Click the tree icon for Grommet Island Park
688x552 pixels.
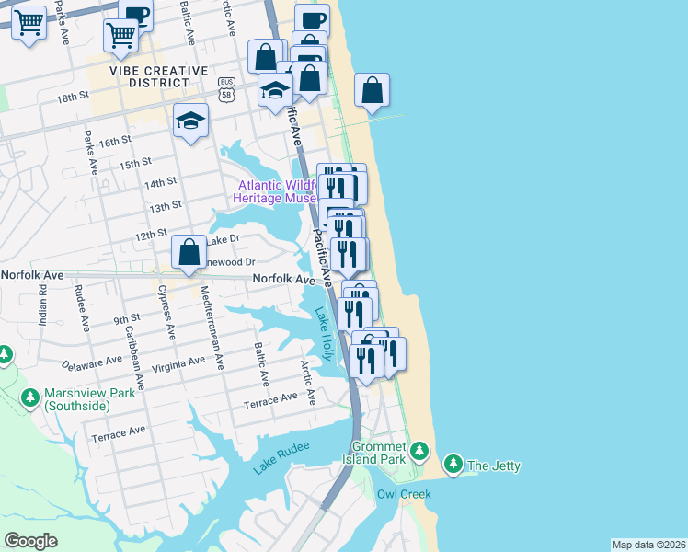pos(420,450)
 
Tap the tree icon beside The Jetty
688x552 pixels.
pos(453,464)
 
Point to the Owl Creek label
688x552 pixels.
pos(404,494)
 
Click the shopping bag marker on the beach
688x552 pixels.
pos(372,90)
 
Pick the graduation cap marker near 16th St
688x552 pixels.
pos(190,121)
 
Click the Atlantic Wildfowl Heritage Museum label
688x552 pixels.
pos(276,191)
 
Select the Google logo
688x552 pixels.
pos(30,540)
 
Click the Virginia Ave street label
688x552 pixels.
pos(178,362)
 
